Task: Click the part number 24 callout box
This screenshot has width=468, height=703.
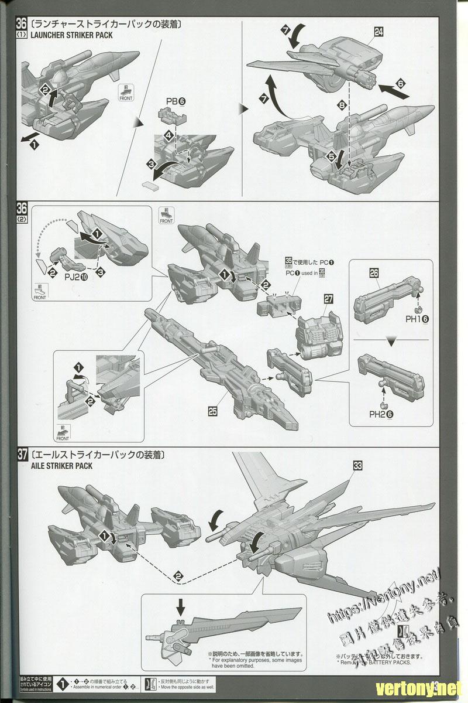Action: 378,33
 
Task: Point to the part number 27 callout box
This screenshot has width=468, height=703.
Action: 329,299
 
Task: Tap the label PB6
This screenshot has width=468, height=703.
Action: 174,101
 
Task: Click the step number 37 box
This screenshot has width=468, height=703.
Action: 23,455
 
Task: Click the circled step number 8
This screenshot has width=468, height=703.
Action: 340,105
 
